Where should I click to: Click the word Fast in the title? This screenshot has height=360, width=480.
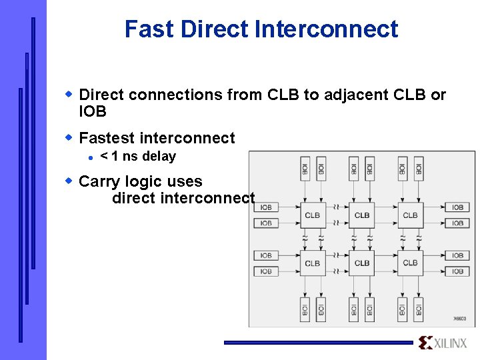pyautogui.click(x=149, y=29)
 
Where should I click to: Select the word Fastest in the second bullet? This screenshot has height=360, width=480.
pyautogui.click(x=107, y=138)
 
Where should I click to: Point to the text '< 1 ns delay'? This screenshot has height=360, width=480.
pyautogui.click(x=137, y=157)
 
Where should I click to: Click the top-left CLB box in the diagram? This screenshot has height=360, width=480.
pyautogui.click(x=312, y=215)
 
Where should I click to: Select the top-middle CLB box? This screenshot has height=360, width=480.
pyautogui.click(x=361, y=215)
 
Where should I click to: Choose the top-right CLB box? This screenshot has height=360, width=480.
pyautogui.click(x=410, y=215)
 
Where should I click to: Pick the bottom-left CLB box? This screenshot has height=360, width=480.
pyautogui.click(x=312, y=263)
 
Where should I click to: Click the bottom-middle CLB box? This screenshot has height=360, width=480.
pyautogui.click(x=361, y=263)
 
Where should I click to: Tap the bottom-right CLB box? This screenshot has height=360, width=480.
pyautogui.click(x=410, y=263)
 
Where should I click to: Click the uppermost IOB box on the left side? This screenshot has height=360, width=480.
pyautogui.click(x=266, y=207)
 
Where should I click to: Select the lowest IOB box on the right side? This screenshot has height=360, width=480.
pyautogui.click(x=457, y=271)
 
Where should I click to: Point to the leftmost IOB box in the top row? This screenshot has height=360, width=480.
pyautogui.click(x=305, y=168)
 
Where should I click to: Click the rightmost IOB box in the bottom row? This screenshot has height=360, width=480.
pyautogui.click(x=419, y=309)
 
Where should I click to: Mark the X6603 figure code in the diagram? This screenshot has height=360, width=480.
pyautogui.click(x=460, y=319)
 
